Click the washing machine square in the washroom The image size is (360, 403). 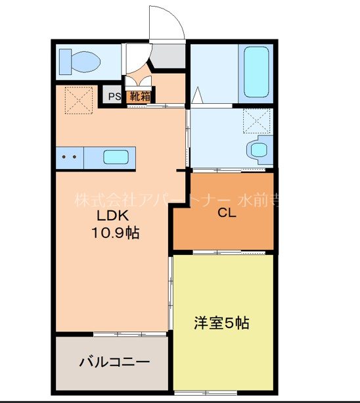pos(257,121)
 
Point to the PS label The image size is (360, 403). pos(114,97)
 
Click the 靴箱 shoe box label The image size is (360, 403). pos(139,97)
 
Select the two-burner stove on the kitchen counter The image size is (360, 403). pos(69,157)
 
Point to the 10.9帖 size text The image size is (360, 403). pos(115,233)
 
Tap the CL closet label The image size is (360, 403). pos(227,213)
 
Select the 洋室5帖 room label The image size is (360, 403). pos(221,323)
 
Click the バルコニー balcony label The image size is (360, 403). pos(114,362)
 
